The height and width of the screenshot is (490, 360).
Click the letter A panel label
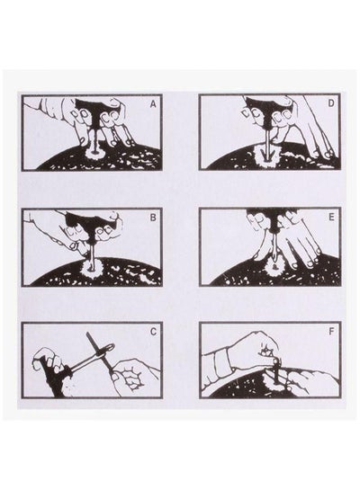pos(153,104)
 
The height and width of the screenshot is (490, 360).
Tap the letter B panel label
pos(153,218)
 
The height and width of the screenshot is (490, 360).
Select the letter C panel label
pos(153,332)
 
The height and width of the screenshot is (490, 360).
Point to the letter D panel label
pos(331,103)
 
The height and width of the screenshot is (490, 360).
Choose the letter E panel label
pos(331,218)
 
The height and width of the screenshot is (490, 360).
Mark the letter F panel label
pos(331,331)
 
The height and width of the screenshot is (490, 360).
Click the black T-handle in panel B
pos(88,224)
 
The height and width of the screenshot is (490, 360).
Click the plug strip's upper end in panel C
pos(89,334)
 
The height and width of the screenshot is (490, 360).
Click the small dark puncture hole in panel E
pos(274,267)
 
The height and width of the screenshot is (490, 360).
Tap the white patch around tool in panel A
pos(93,154)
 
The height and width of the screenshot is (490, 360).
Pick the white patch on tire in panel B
pos(92,267)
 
